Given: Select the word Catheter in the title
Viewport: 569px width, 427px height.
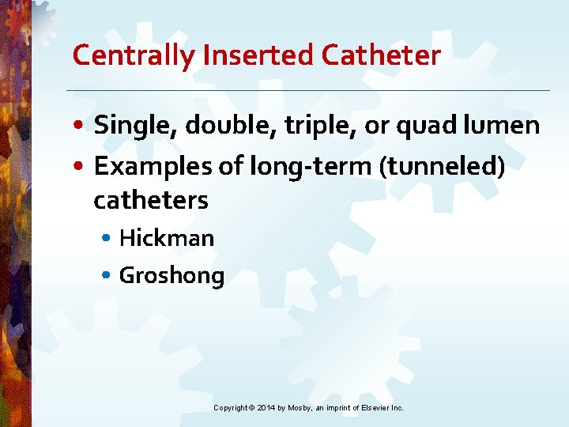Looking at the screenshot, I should pos(383,55).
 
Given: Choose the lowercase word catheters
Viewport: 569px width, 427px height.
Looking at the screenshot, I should pos(150,201).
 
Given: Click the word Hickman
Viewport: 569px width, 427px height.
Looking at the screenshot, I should pos(166,238).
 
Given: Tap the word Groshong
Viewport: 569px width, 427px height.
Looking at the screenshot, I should pos(171,276).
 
